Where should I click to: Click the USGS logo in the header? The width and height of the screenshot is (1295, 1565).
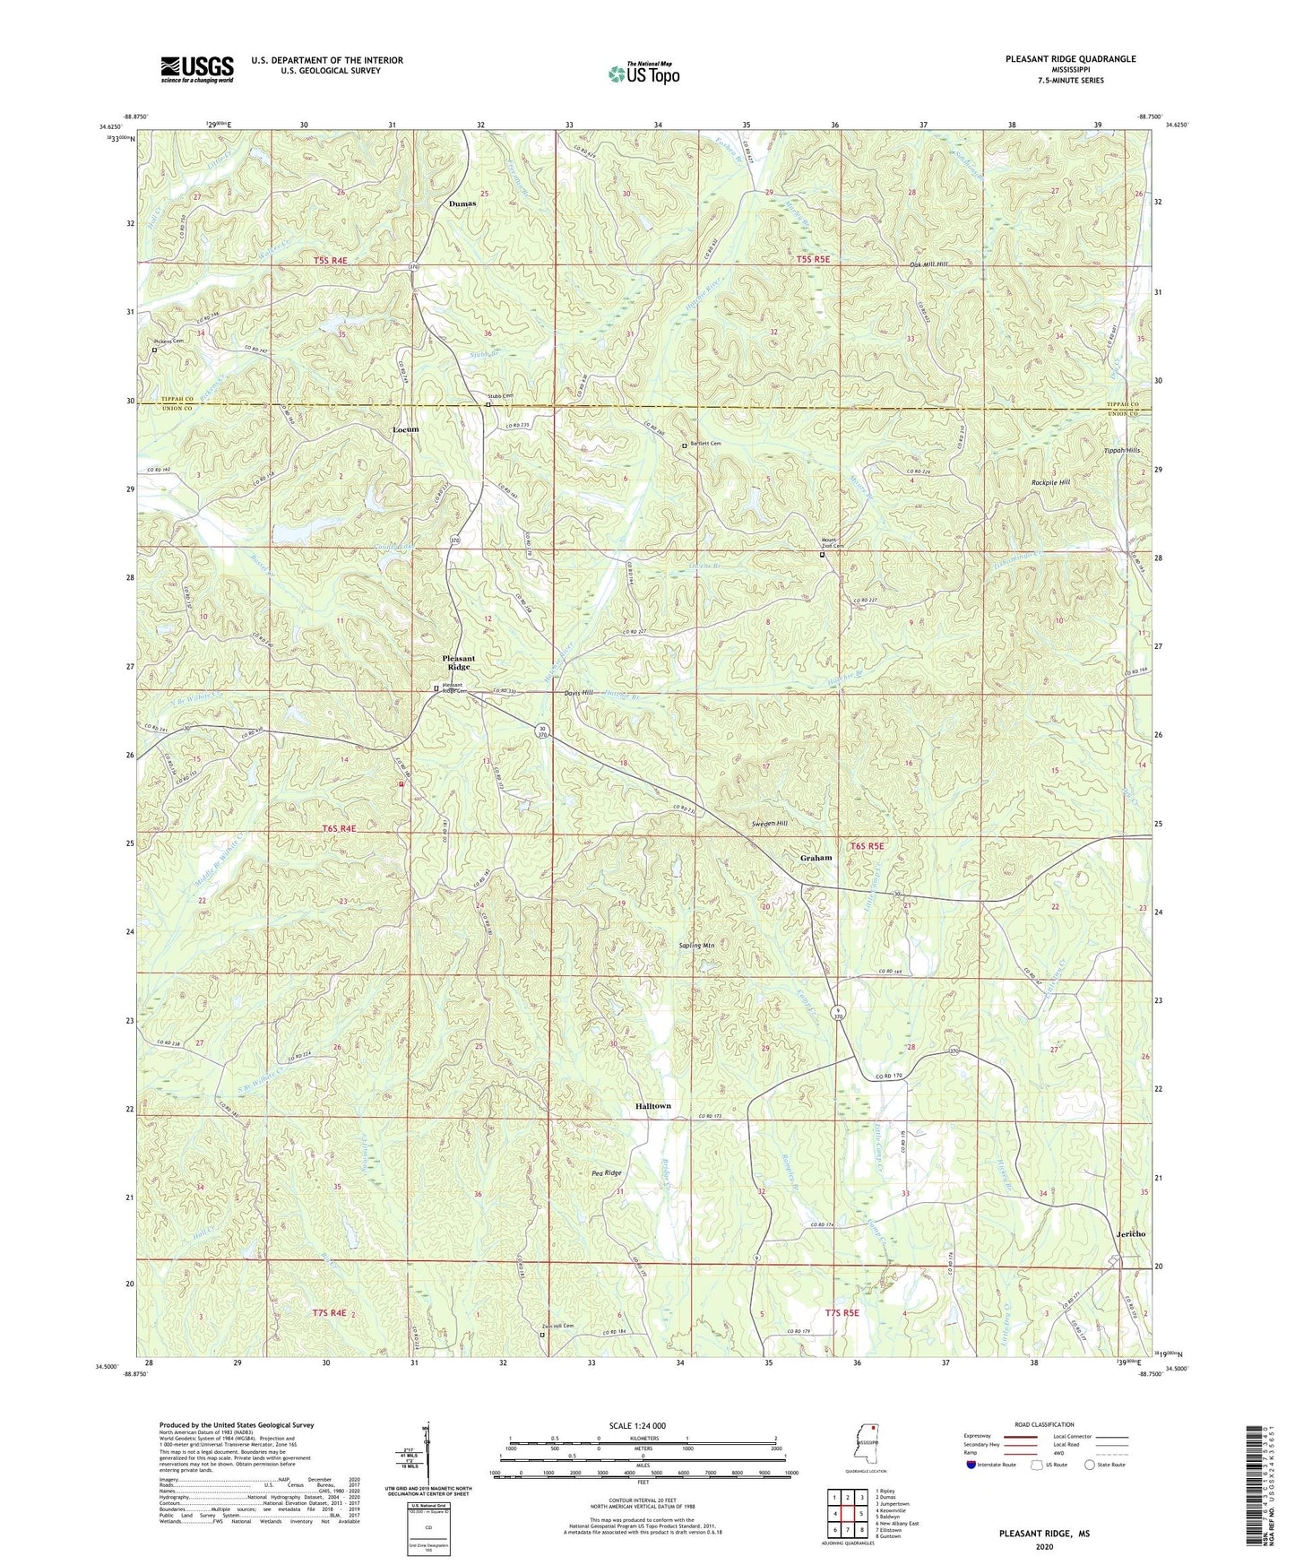(x=196, y=69)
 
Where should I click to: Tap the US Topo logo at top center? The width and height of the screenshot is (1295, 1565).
(x=643, y=73)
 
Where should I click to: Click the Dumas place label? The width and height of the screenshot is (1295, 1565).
(x=462, y=203)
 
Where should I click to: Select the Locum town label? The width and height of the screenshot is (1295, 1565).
(x=405, y=429)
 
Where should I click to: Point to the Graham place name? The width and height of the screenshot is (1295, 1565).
(x=816, y=858)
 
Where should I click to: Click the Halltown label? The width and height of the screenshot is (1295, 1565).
(x=652, y=1106)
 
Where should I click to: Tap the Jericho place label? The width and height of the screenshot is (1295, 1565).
(x=1131, y=1234)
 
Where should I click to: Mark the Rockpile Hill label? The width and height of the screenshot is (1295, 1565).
(x=1051, y=482)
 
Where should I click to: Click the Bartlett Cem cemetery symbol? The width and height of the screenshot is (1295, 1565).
(x=684, y=445)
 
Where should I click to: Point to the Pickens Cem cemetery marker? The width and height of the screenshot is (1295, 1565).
(x=153, y=350)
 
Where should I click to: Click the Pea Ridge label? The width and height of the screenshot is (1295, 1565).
(x=606, y=1172)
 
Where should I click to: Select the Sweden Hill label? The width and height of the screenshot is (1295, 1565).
(x=769, y=823)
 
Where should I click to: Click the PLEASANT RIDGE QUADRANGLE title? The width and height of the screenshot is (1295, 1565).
(x=1070, y=59)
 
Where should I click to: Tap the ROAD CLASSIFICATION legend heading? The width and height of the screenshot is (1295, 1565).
(x=1044, y=1424)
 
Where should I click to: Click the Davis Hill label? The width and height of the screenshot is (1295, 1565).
(x=578, y=694)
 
